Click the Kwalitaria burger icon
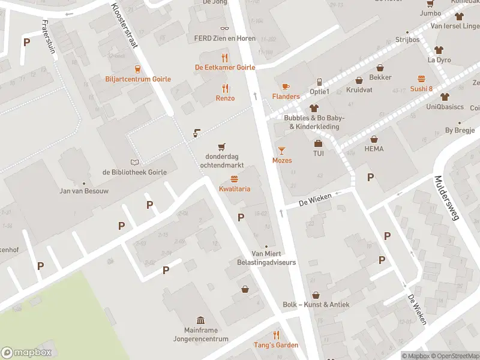(x=234, y=179)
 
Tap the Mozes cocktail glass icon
(x=282, y=149)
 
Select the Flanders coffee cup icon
(x=286, y=86)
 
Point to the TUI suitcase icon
(x=318, y=143)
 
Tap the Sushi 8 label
(x=421, y=89)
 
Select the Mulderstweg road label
(x=446, y=198)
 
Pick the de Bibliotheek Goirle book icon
(x=134, y=162)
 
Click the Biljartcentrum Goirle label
(x=137, y=79)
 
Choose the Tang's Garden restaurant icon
(x=277, y=335)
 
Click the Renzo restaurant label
(x=225, y=98)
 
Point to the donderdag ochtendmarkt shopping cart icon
(x=221, y=146)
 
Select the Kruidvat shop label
(x=359, y=90)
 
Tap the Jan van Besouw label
(x=83, y=191)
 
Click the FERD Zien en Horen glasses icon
(x=225, y=28)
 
